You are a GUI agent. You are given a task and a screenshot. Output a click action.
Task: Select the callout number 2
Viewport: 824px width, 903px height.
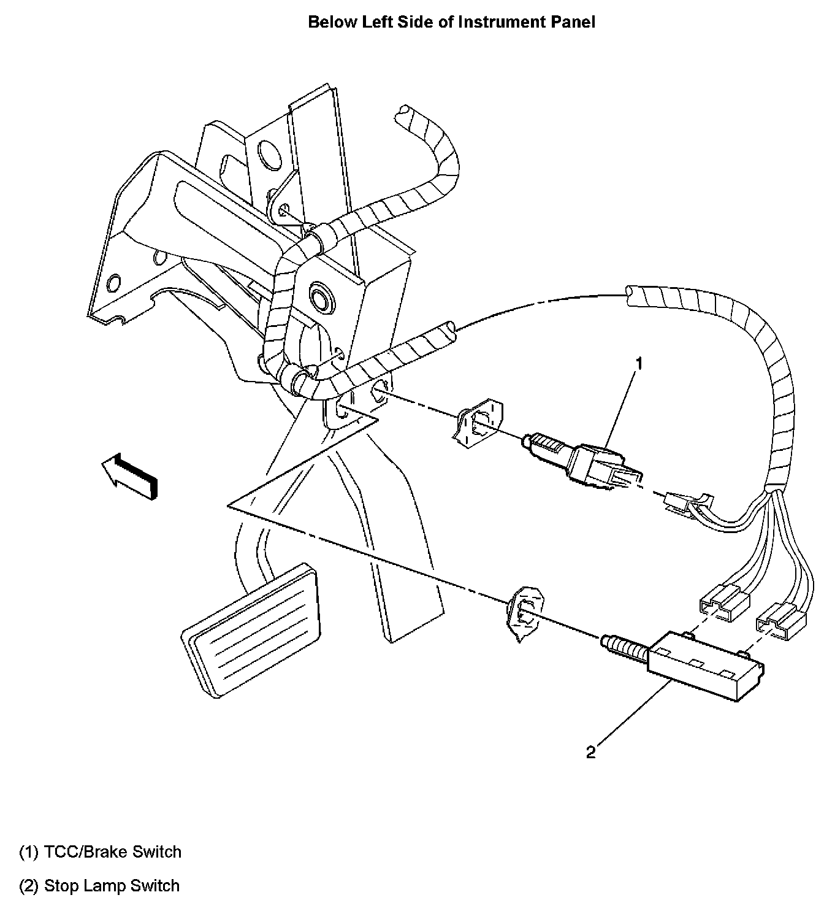(x=590, y=752)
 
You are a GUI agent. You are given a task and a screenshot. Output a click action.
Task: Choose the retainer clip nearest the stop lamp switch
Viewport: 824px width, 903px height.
(x=522, y=613)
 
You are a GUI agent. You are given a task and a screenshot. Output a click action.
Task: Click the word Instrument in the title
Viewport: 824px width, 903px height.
(x=495, y=22)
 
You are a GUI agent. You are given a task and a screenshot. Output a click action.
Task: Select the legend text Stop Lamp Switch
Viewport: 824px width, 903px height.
(x=112, y=885)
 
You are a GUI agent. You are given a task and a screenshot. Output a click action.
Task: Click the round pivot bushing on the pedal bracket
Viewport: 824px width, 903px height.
(x=319, y=297)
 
